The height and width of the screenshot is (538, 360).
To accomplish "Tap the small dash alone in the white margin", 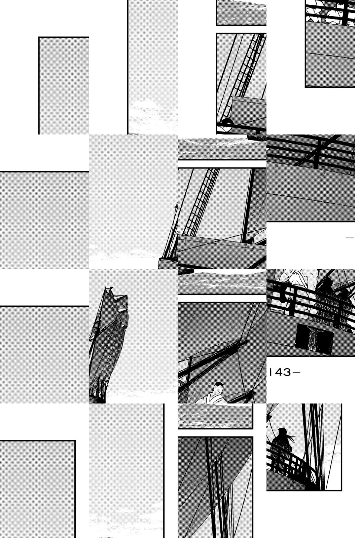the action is point(350,238).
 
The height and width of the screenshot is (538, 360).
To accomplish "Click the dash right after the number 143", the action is point(296,373).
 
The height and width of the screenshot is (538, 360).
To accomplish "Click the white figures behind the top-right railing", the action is point(329,11).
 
